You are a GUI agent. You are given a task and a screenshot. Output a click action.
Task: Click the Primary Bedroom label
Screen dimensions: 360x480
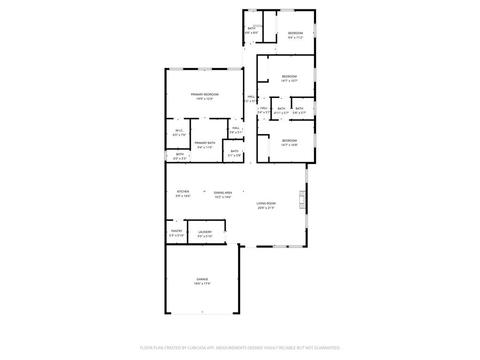point(204,94)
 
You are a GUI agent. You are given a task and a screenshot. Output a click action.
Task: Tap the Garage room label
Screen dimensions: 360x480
point(202,279)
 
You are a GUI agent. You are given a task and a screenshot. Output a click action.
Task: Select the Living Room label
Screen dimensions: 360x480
point(266,203)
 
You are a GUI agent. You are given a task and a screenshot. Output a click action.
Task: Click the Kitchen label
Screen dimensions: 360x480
point(183,191)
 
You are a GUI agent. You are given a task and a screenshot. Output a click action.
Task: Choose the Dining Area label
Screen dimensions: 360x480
point(223,192)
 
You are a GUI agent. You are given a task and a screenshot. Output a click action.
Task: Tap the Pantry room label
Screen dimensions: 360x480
point(177,231)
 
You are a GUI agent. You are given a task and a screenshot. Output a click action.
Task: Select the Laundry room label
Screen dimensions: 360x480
point(205,232)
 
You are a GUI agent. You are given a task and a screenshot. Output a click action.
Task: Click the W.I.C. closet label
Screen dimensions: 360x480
point(179,130)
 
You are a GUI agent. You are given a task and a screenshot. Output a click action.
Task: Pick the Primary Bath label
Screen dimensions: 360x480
point(205,143)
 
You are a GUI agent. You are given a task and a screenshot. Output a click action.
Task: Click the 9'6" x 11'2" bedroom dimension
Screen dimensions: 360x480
point(295,37)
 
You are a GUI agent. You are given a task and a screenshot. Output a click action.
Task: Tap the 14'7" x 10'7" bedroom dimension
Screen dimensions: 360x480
point(289,81)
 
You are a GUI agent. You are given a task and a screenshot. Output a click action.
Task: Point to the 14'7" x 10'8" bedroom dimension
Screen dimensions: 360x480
point(289,145)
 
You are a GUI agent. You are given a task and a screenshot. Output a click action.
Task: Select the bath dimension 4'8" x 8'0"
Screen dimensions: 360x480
point(252,33)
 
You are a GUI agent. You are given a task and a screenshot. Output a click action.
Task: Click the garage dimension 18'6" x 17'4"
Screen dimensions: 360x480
point(202,284)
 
